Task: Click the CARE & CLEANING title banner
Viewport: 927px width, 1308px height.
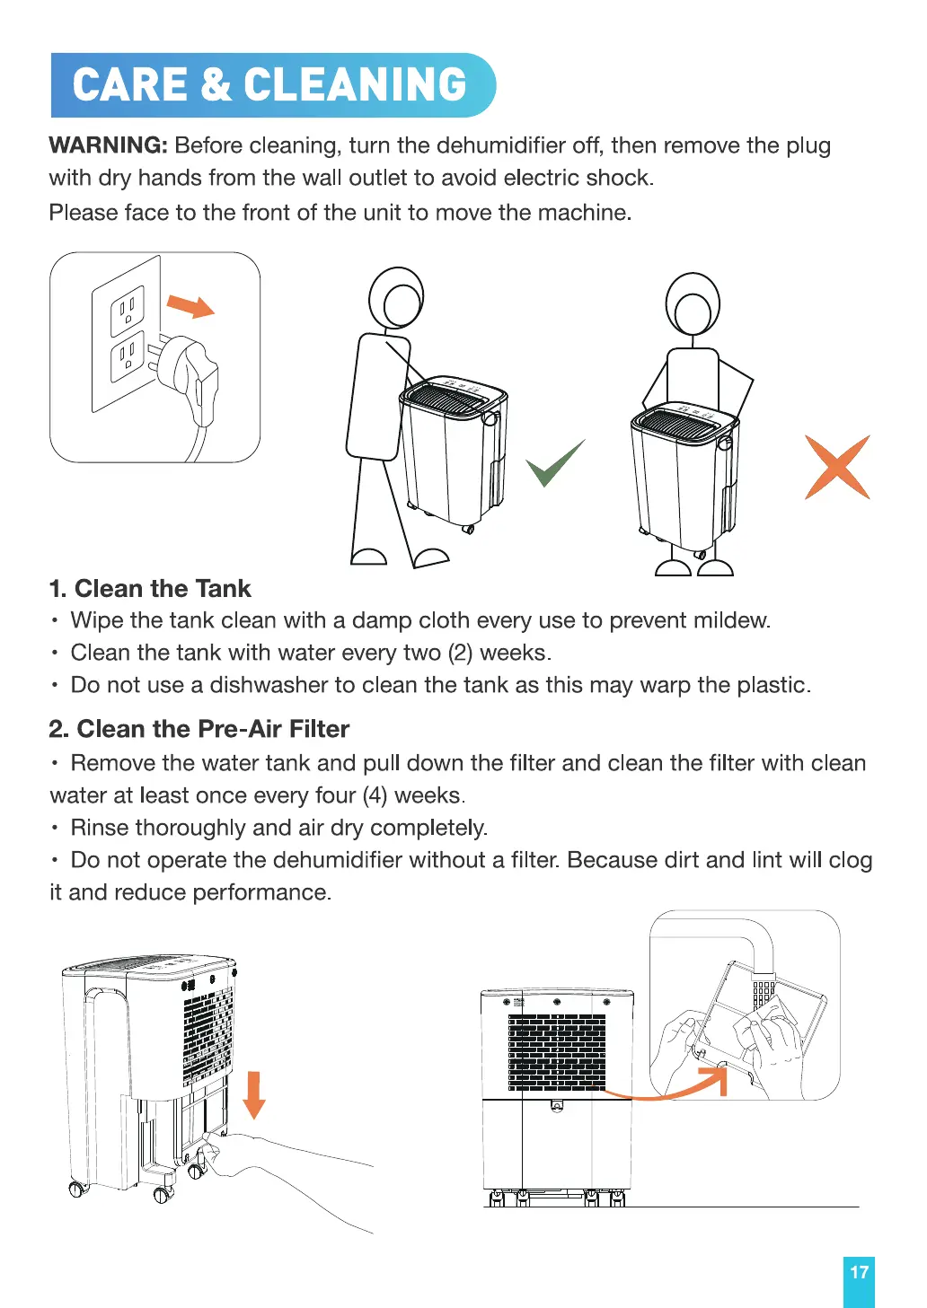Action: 273,85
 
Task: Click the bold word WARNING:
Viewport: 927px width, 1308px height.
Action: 109,145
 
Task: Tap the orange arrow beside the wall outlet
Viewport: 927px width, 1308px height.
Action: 190,306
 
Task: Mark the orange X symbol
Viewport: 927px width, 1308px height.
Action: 837,467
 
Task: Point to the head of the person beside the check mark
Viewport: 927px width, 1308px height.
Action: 397,298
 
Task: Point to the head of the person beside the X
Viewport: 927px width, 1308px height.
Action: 693,303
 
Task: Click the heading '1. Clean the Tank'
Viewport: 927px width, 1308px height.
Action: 150,589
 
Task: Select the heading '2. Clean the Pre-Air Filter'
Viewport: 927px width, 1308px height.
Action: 199,729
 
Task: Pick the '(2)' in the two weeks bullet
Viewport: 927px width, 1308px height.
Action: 460,653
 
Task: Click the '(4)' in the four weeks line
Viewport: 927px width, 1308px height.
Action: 375,796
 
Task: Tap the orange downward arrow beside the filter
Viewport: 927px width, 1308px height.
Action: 253,1096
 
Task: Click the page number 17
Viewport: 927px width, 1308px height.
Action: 859,1272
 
